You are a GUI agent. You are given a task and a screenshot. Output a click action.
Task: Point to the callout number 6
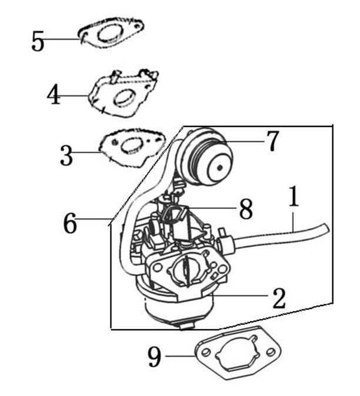(x=70, y=224)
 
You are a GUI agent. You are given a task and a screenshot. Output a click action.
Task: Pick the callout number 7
(x=272, y=142)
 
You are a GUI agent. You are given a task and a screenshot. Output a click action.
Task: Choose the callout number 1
(x=294, y=198)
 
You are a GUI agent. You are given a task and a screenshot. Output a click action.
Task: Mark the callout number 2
(x=278, y=298)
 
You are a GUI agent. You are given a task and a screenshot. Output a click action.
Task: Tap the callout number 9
(x=154, y=357)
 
